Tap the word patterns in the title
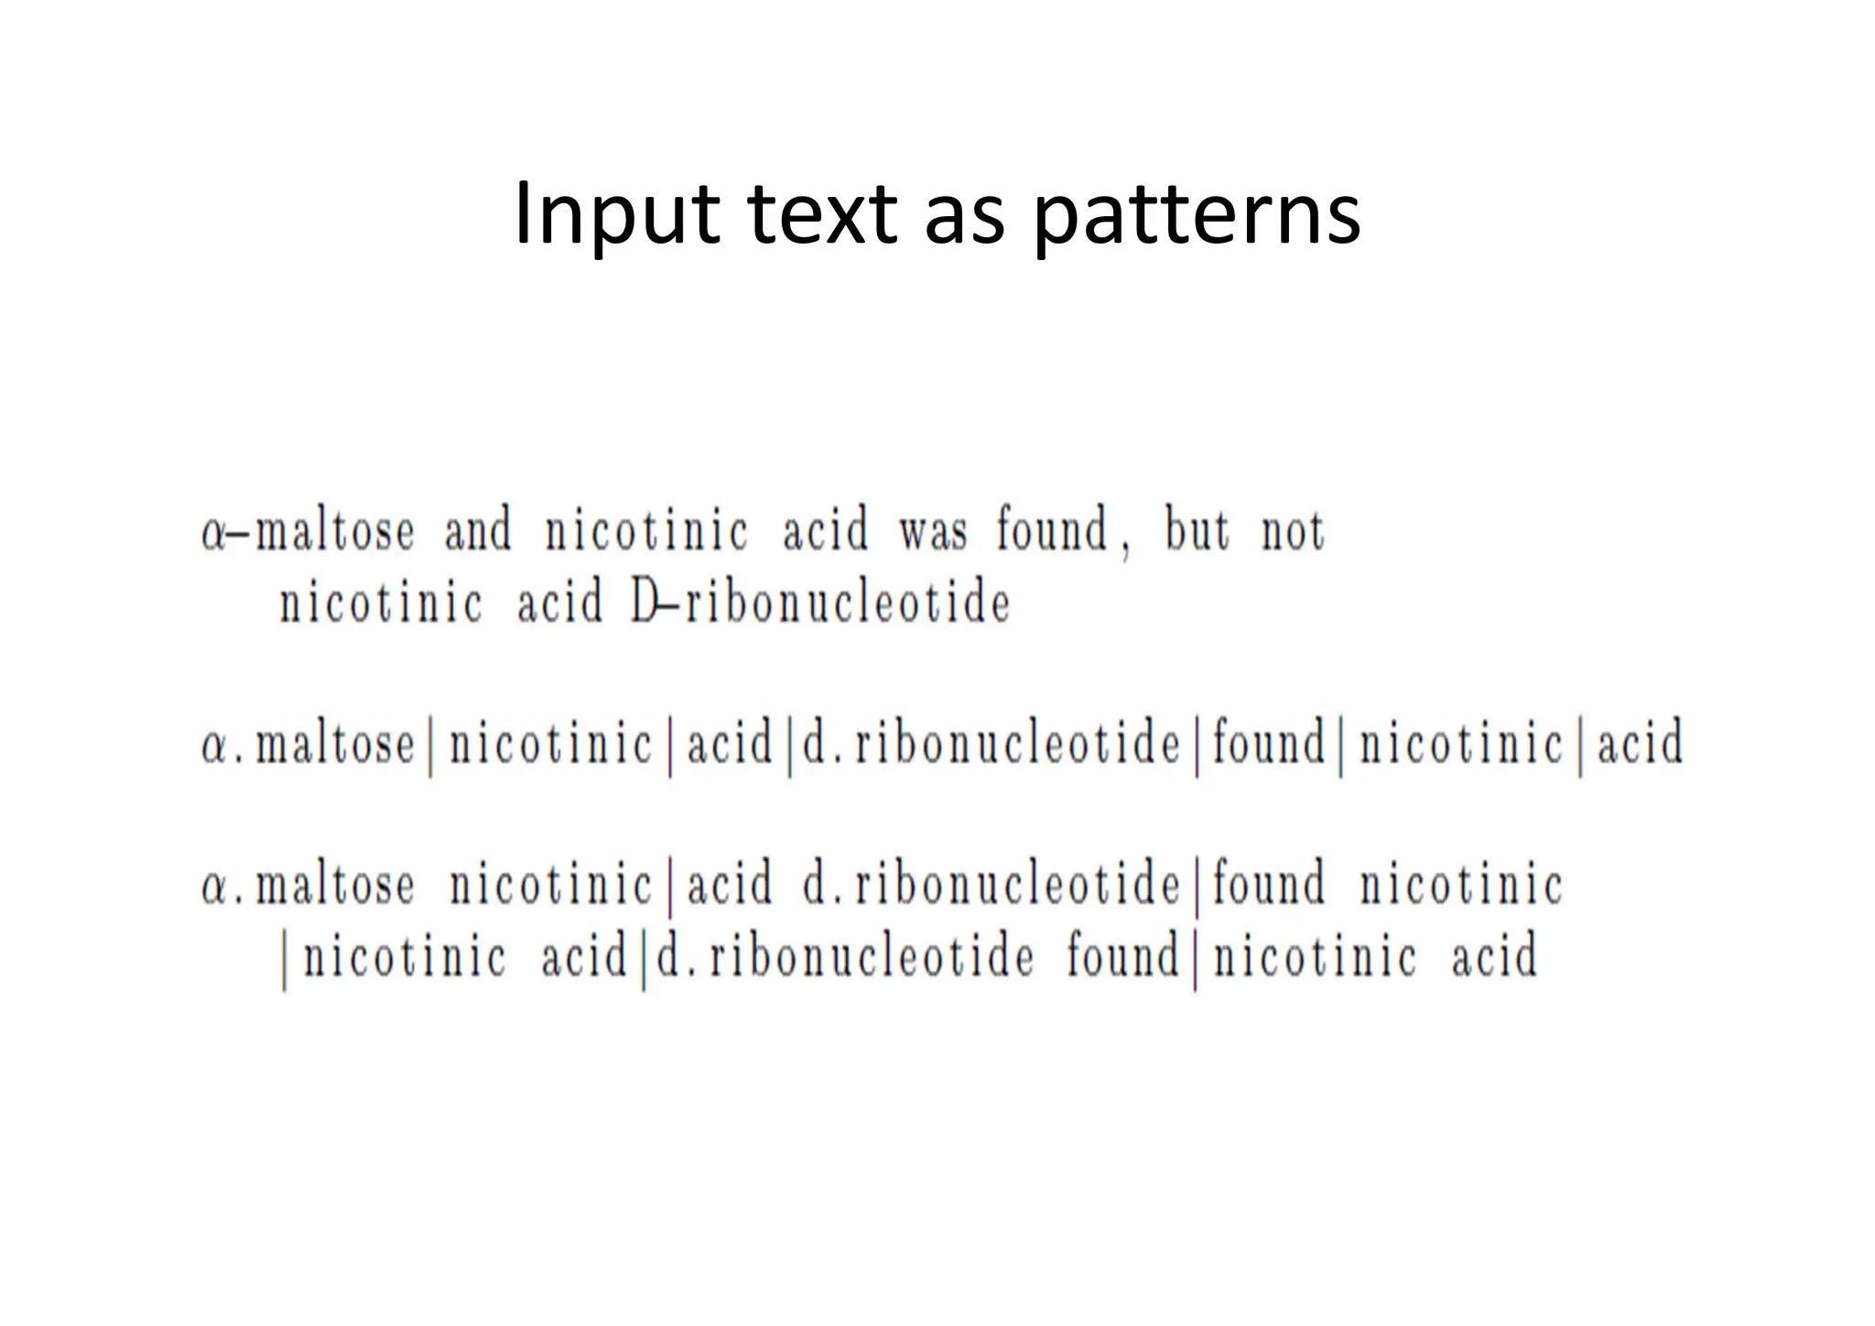[1197, 215]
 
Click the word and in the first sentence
[478, 531]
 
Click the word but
[1198, 530]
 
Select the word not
[1293, 532]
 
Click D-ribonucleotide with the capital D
[820, 603]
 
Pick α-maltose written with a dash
[308, 532]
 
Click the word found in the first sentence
[1052, 530]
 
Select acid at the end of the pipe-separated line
[1640, 743]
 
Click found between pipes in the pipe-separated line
[1269, 743]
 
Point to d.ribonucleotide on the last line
[845, 957]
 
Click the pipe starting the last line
[285, 961]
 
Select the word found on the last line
[1123, 956]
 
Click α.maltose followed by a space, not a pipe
[308, 886]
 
